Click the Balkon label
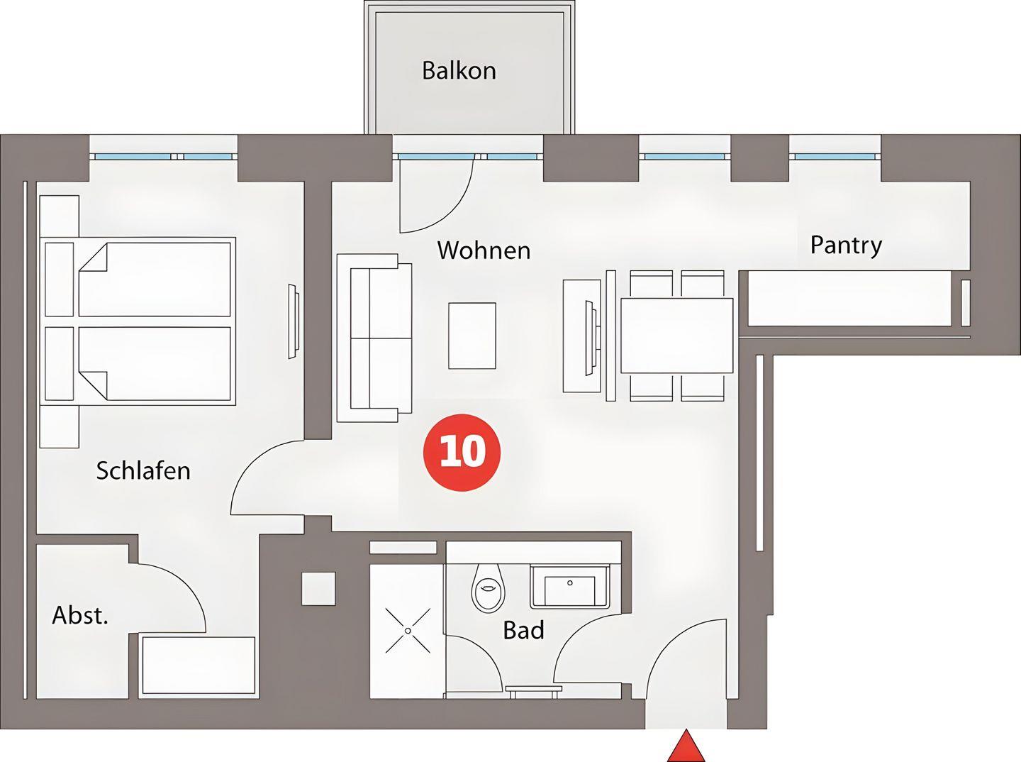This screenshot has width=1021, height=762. pos(459,70)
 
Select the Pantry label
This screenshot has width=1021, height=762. pos(846,245)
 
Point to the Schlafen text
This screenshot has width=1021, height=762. pos(143,470)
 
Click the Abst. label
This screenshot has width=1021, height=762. pos(80,615)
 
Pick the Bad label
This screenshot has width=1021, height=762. pos(523,630)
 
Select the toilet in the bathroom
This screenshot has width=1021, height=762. pos(488,588)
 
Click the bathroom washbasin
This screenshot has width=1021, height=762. pos(570,587)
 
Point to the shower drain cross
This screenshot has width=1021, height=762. pos(408,631)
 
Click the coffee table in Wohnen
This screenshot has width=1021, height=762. pos(472,335)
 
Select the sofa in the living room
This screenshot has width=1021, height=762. pos(374,338)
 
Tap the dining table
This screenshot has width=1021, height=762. pos(677,336)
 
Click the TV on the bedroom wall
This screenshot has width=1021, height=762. pos(293,321)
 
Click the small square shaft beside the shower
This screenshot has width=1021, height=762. pos(318,588)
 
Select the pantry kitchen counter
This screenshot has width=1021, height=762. pos(849,299)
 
